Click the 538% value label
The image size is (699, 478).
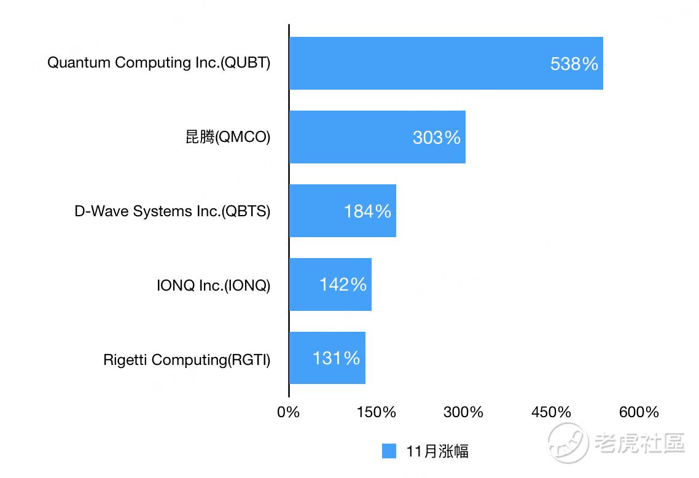(574, 64)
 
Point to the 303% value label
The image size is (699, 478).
(437, 138)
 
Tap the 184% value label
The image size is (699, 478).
(367, 211)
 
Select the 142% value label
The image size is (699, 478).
(343, 284)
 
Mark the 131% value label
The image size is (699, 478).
(336, 358)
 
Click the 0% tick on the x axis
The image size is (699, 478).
(289, 412)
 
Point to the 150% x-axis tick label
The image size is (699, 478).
(377, 412)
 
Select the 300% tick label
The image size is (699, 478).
(464, 412)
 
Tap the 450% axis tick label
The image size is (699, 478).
(552, 412)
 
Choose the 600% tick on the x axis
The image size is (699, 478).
(639, 412)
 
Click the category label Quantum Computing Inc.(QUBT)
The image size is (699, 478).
(158, 63)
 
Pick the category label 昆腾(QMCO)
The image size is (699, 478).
(228, 137)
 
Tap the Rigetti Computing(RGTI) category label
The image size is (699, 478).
(187, 359)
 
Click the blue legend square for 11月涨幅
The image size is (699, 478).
(389, 451)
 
